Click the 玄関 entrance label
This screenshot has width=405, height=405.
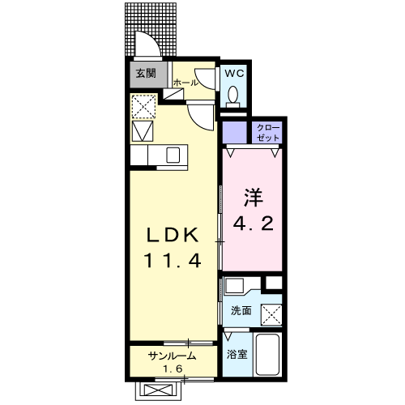click(x=147, y=74)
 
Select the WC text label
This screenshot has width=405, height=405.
click(x=234, y=73)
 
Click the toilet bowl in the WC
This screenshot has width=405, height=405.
click(x=234, y=96)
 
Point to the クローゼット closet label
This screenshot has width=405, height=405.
click(x=268, y=133)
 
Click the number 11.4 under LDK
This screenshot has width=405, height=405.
click(x=171, y=260)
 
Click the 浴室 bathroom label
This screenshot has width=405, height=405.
click(x=237, y=354)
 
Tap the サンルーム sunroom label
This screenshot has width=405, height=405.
click(x=172, y=357)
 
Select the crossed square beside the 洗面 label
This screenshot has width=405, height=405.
click(x=271, y=311)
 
